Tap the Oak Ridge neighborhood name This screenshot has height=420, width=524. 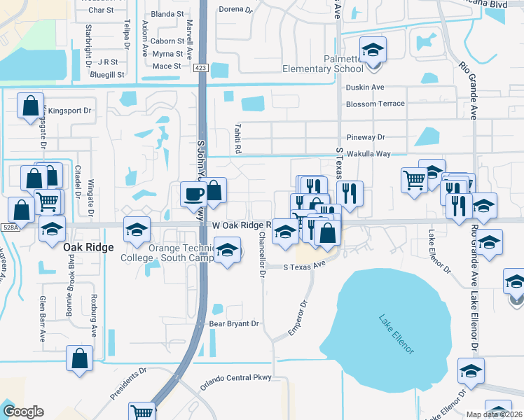(88, 247)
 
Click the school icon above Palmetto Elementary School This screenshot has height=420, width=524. (373, 50)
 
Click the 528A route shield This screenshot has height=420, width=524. (9, 227)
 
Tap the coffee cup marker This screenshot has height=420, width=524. (193, 194)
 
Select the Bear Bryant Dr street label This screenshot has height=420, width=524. (234, 324)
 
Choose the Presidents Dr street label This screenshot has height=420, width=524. (130, 384)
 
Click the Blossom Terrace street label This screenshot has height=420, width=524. (375, 104)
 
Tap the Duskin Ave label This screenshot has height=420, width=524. (365, 87)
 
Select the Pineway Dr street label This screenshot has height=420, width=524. (366, 138)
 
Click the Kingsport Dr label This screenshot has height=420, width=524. (67, 111)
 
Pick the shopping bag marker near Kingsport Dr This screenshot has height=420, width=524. (31, 106)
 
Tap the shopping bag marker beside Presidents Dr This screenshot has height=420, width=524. (80, 358)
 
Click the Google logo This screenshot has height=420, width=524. (23, 412)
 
